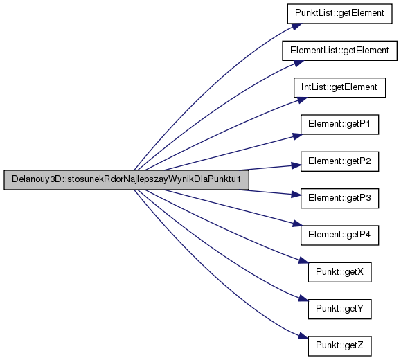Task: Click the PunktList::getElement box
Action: tap(339, 14)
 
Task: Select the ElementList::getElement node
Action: tap(339, 51)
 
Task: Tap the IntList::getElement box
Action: tap(339, 87)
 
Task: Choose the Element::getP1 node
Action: tap(339, 125)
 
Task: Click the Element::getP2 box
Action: tap(339, 161)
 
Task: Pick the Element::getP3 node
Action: tap(339, 198)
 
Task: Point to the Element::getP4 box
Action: tap(339, 235)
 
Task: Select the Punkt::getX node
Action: tap(339, 272)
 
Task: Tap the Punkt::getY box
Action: tap(339, 309)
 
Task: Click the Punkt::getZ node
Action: tap(339, 346)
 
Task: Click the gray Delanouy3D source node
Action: tap(126, 180)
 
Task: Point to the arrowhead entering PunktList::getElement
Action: tap(296, 26)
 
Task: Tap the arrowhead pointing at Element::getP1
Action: tap(297, 136)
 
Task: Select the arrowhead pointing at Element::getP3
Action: tap(296, 195)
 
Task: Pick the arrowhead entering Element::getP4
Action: tap(297, 224)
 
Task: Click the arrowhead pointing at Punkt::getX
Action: tap(303, 260)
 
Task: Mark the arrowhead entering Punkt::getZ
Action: tap(303, 336)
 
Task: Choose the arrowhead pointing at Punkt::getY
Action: tap(303, 298)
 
